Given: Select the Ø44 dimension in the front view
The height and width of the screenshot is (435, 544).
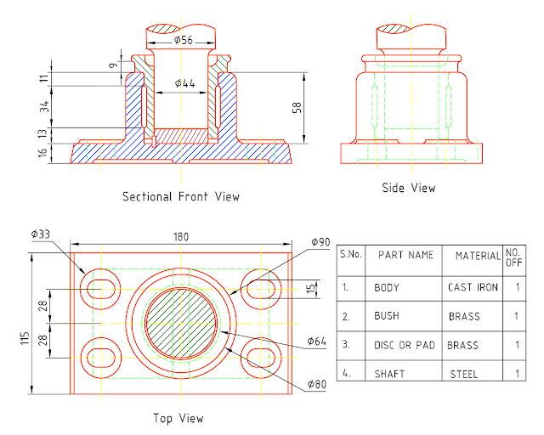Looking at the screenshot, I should coord(185,82).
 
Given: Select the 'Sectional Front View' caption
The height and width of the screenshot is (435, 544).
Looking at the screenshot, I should coord(181,196).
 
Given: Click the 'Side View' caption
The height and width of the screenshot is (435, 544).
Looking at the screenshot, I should coord(410,188).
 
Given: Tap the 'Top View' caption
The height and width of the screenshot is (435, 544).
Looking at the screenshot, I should coord(178,418).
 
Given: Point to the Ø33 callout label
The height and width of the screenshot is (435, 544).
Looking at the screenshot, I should coord(39,234).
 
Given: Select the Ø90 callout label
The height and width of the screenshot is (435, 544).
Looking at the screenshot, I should coord(320,242).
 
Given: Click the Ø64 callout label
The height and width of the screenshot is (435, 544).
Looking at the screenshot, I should coord(318,342).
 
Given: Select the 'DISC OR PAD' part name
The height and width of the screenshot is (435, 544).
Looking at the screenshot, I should coord(402,346).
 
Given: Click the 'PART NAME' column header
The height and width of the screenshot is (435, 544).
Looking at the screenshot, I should coord(405,255).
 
